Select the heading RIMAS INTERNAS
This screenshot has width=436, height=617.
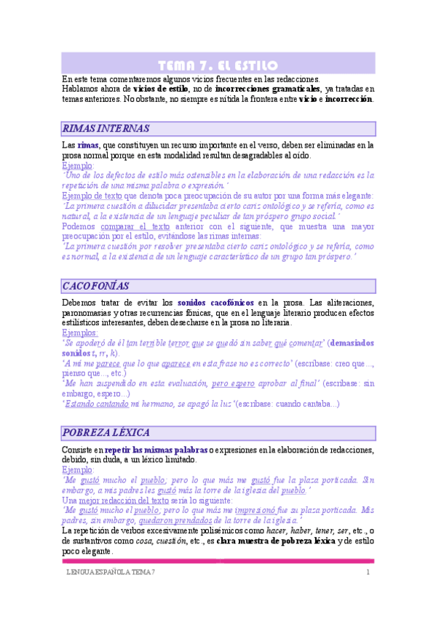coord(106,129)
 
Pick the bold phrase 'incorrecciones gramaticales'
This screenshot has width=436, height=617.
coord(268,89)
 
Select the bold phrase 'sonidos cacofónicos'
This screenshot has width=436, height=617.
coord(219,303)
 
